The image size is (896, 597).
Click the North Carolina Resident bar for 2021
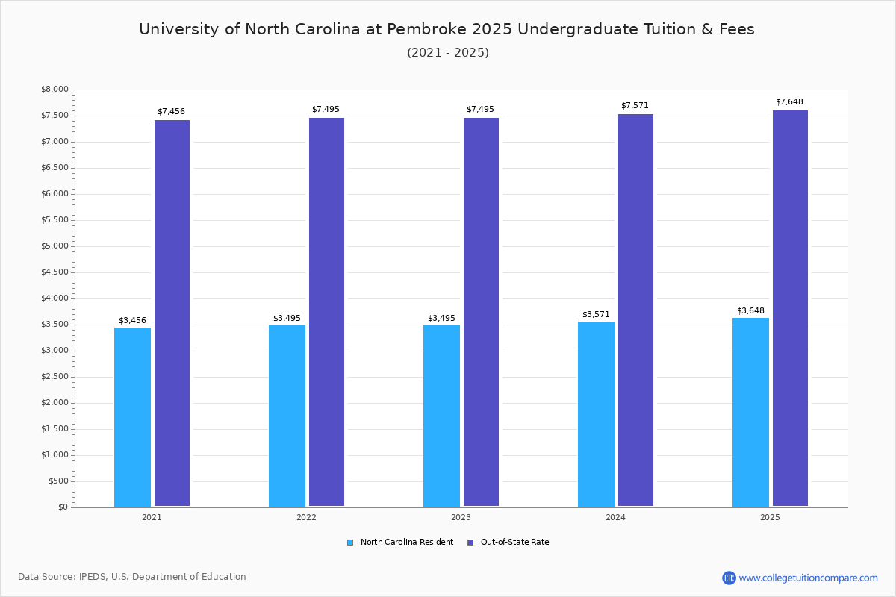[132, 417]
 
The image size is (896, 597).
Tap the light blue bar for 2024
[596, 414]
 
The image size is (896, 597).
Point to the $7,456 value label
[171, 111]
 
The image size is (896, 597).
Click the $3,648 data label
[750, 310]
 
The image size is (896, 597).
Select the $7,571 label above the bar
[635, 105]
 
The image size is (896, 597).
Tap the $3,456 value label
[132, 320]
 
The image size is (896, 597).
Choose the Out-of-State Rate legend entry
[514, 543]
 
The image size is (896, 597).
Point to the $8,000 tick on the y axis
[54, 90]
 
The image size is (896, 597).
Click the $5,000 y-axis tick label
[54, 246]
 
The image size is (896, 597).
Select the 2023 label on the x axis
[461, 517]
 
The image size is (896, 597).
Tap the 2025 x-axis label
[770, 517]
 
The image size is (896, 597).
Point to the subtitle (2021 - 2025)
[448, 52]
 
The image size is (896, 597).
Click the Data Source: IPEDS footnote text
[132, 577]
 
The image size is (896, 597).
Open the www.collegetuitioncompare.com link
[808, 578]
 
